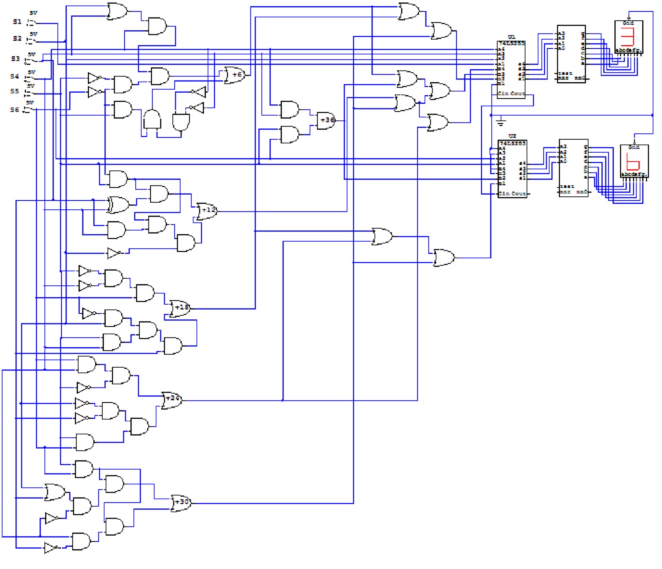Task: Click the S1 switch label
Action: coord(17,22)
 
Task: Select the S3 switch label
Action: coord(15,59)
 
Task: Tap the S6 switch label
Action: coord(15,109)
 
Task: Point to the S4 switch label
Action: coord(15,77)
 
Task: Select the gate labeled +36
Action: coord(326,120)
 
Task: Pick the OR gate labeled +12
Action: coord(206,211)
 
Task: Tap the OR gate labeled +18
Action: coord(180,307)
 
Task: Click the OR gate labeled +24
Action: coord(171,400)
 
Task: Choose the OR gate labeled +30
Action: coord(180,502)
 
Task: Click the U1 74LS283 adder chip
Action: coord(511,71)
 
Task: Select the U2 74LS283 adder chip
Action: coord(512,169)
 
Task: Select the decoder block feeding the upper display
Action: coord(571,54)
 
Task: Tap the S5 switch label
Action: coord(15,91)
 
